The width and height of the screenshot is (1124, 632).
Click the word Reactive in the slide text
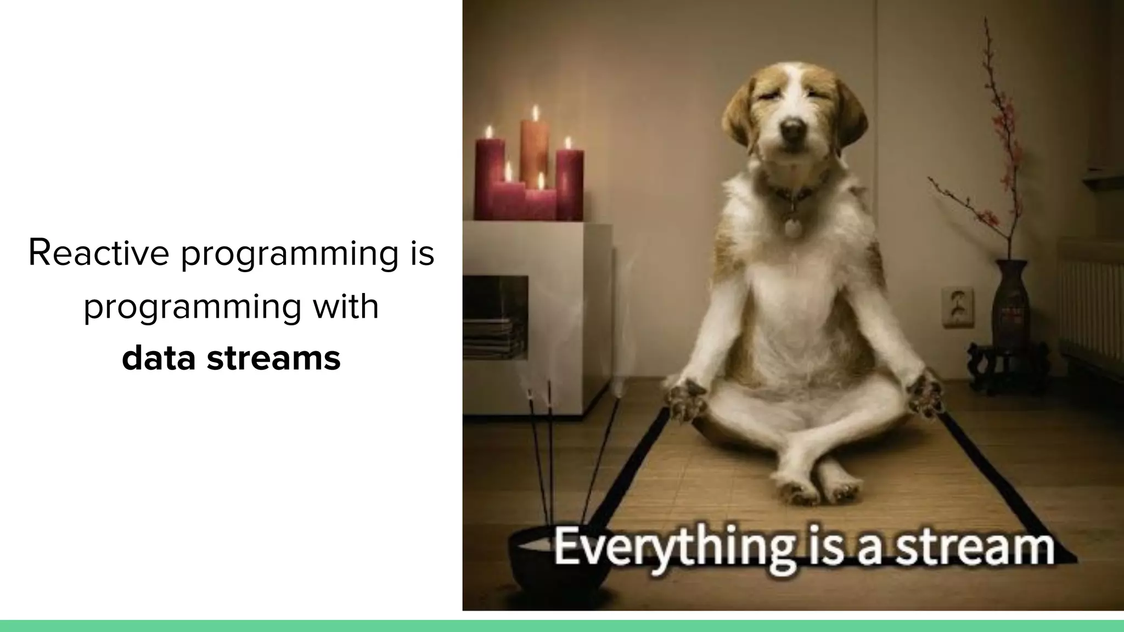point(99,253)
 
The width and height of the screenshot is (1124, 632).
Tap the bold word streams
point(273,358)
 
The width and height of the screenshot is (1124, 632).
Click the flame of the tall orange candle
point(535,112)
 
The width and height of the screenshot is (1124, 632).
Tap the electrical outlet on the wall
point(958,307)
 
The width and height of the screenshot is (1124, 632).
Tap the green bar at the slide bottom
point(562,625)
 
